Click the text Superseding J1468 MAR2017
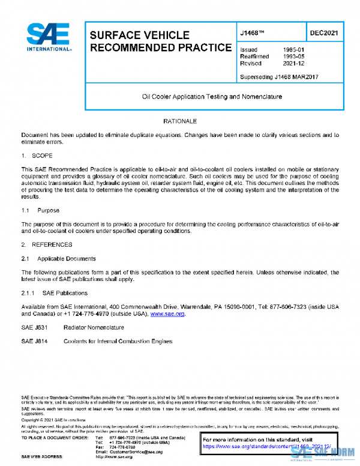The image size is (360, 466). [278, 76]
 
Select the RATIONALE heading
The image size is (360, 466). [180, 122]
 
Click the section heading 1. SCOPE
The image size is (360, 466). [37, 156]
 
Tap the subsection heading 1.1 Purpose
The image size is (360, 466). [41, 211]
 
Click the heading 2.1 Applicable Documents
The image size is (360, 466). [58, 259]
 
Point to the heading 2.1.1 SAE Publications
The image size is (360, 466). [54, 293]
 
